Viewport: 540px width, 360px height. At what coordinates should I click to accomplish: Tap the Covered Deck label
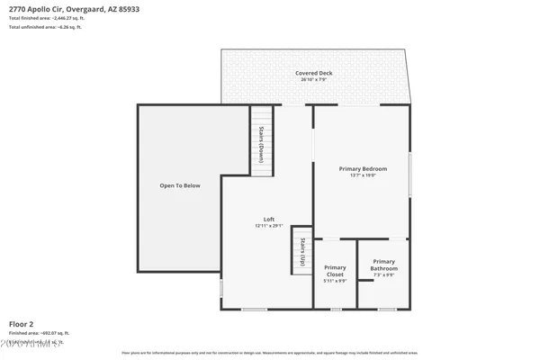pos(313,73)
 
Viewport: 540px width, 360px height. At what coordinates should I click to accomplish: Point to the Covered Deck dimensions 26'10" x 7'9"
pos(313,80)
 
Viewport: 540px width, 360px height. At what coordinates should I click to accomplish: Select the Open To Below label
pos(180,185)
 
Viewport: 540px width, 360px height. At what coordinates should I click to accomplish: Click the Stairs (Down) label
pos(261,141)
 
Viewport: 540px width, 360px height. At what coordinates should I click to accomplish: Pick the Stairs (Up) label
pos(303,251)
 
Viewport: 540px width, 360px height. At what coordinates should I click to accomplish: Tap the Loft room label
pos(268,220)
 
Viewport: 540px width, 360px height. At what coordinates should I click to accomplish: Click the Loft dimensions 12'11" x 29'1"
pos(268,226)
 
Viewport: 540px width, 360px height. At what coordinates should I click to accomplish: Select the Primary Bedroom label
pos(363,169)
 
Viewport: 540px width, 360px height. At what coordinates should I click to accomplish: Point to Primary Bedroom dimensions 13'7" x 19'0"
pos(363,175)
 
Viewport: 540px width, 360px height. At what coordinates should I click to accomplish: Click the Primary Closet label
pos(335,271)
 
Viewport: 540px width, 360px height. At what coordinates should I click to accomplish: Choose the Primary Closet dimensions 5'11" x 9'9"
pos(335,281)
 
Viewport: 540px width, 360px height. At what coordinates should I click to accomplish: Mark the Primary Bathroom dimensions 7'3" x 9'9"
pos(384,275)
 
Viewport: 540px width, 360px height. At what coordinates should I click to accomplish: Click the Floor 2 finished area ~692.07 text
pos(40,333)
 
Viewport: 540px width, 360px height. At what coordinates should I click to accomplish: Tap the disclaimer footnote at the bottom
pos(270,354)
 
